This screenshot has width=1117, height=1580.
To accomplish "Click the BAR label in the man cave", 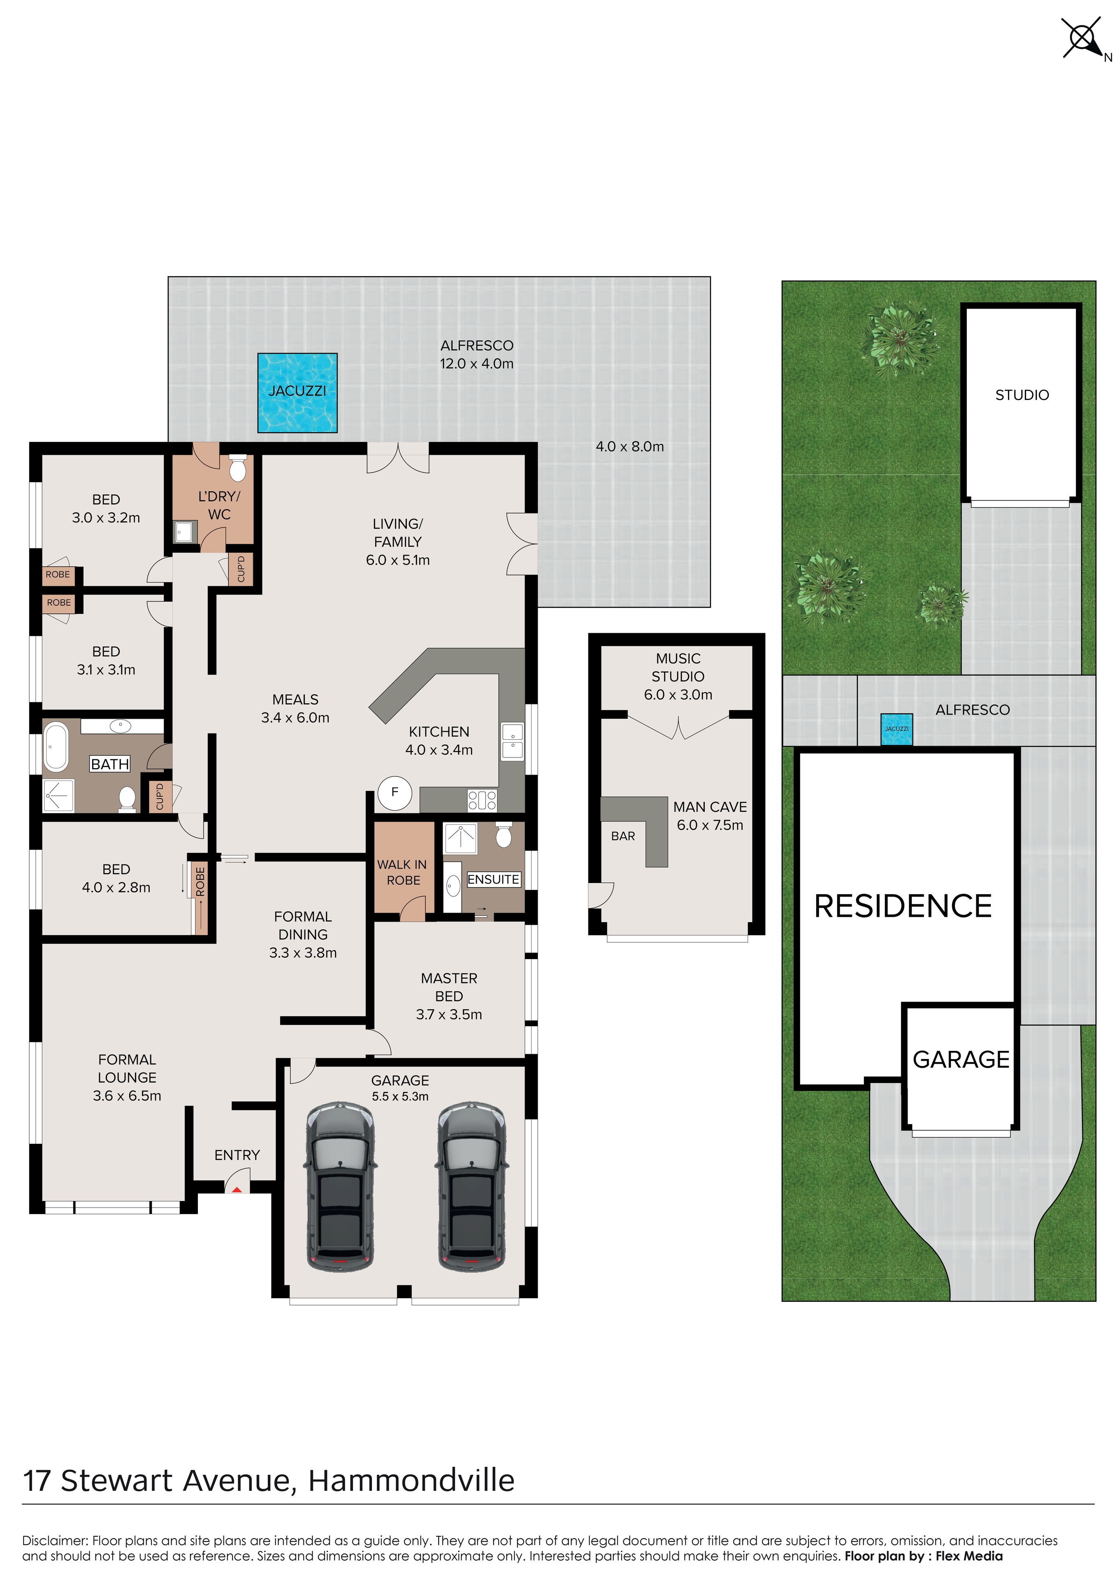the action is pos(623,836).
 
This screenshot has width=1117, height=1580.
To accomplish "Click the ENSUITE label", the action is pos(493,879).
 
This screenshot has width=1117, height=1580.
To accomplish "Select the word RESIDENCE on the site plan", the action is pos(903,906).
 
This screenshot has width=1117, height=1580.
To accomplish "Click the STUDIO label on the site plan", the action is pos(1022,395).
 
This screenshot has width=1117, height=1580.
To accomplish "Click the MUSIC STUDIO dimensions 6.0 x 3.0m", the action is pos(678,695).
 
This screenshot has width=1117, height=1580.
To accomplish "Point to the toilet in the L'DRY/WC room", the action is pos(237,468).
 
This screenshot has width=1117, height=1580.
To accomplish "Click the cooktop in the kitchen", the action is pos(483,800).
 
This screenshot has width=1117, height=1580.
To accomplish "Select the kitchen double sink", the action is pos(512,741).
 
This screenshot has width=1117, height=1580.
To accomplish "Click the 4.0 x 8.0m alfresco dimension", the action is pos(630,446).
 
